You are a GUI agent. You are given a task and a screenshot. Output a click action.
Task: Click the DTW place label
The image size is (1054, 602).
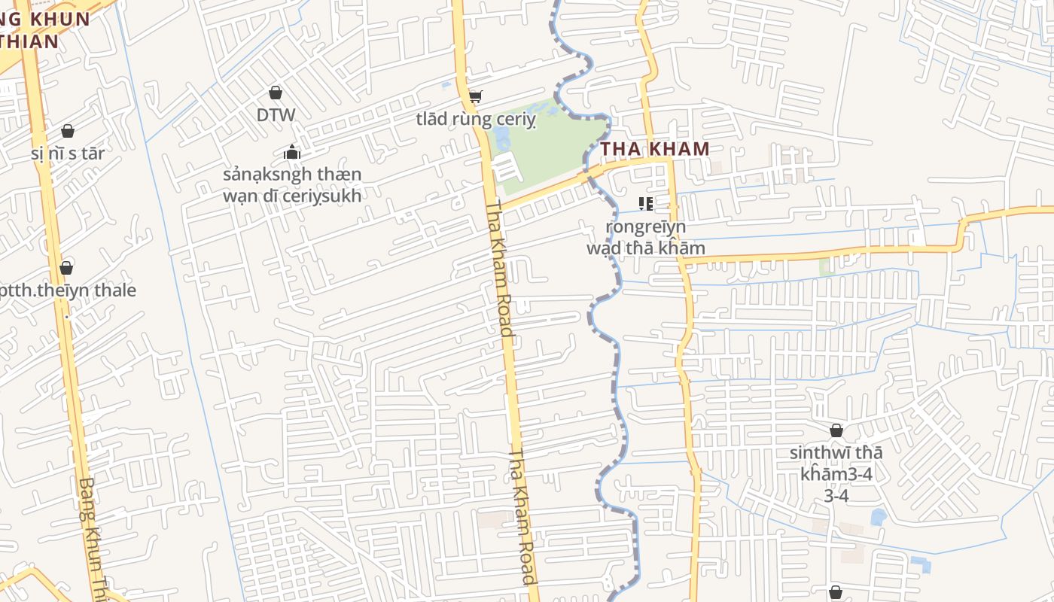(276, 115)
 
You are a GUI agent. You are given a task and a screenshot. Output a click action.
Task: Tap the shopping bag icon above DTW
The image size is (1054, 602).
(276, 93)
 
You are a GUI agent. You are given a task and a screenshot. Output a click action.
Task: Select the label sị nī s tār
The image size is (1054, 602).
(68, 154)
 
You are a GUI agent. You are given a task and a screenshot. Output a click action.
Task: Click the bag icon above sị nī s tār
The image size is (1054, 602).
(68, 131)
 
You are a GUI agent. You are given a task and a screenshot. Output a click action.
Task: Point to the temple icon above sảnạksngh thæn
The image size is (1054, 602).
(292, 153)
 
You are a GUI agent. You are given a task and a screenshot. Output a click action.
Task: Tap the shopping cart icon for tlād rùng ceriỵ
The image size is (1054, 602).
(475, 96)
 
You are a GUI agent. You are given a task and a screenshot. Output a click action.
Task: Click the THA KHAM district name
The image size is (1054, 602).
(654, 148)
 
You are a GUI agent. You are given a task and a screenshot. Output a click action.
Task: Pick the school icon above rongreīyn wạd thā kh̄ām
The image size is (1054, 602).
(645, 203)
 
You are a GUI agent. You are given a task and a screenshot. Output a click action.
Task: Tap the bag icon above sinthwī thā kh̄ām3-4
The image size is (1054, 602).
(836, 430)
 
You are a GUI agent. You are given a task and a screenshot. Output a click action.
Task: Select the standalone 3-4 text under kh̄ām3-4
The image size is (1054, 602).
(836, 496)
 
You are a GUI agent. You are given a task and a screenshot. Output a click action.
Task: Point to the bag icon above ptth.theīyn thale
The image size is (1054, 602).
(66, 268)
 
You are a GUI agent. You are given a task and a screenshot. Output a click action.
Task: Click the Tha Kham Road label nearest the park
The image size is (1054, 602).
(499, 267)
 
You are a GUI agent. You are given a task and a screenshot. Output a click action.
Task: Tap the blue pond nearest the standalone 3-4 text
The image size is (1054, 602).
(878, 517)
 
